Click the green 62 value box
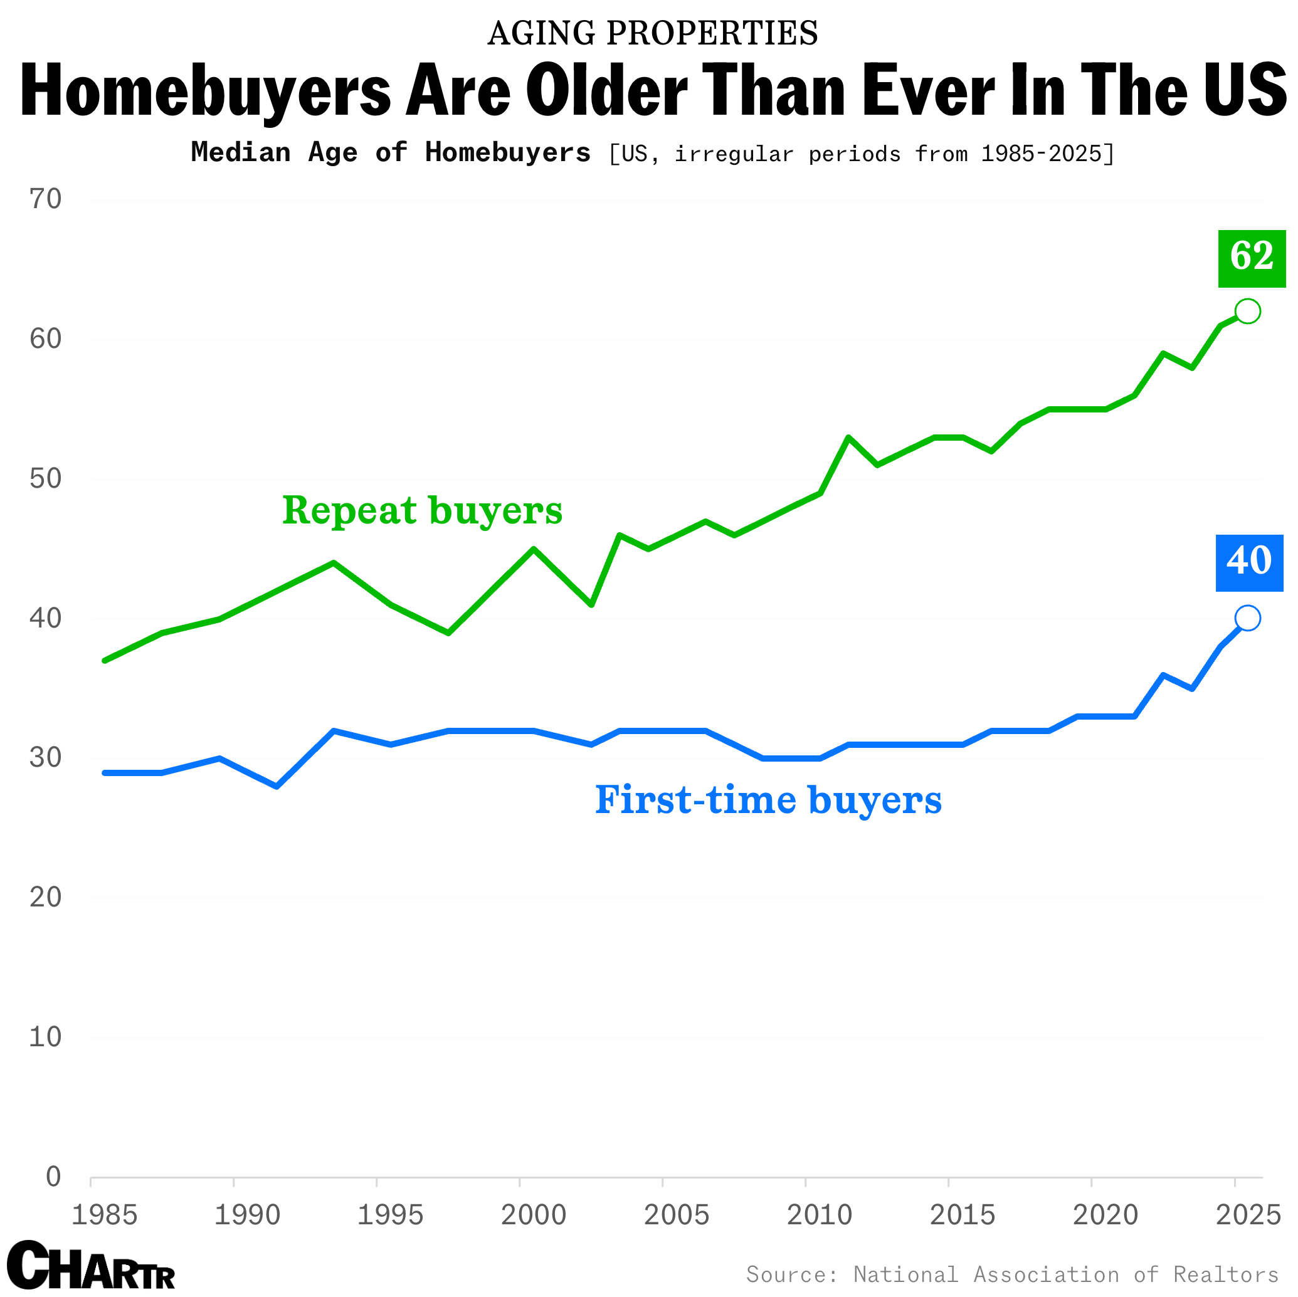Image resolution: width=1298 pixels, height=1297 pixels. tap(1252, 259)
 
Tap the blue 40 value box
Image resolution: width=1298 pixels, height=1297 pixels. tap(1249, 563)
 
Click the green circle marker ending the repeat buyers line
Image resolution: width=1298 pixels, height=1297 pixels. tap(1247, 311)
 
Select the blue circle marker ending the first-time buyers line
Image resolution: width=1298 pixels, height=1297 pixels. tap(1247, 618)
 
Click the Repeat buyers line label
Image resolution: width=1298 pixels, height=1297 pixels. tap(422, 511)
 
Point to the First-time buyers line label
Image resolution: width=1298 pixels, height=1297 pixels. tap(768, 801)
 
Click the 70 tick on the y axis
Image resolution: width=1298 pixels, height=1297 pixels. tap(46, 199)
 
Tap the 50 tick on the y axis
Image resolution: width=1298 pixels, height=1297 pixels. tap(46, 478)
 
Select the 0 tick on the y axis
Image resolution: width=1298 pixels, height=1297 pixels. tap(53, 1176)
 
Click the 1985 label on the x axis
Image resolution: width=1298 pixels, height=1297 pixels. tap(104, 1215)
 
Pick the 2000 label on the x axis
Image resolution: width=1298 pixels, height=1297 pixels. tap(534, 1215)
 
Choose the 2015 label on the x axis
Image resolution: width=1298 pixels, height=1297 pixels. tap(962, 1215)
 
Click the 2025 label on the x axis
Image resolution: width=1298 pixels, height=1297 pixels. tap(1248, 1215)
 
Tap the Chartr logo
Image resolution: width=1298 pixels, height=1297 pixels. tap(91, 1266)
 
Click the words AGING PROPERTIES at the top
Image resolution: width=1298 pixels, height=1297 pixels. tap(652, 34)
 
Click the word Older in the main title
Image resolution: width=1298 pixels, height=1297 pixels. tap(607, 91)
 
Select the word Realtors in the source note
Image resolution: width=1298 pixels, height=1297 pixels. tap(1225, 1274)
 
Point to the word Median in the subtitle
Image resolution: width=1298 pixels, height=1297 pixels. tap(241, 152)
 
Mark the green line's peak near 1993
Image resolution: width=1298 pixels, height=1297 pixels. tap(334, 563)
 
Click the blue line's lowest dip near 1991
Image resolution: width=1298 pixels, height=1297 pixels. tap(277, 786)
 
